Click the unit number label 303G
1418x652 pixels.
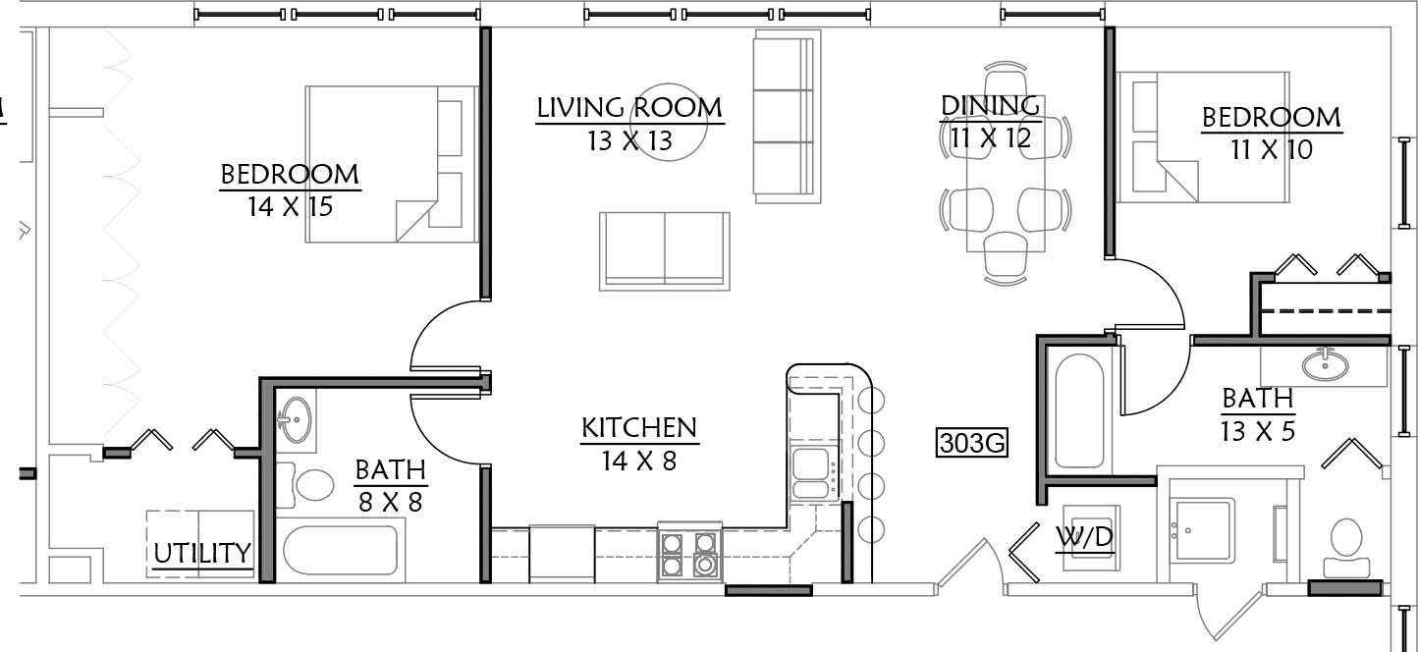972,443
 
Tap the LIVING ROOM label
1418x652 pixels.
629,108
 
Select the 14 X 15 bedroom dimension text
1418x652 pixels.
290,206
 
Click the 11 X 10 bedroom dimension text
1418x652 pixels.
1272,150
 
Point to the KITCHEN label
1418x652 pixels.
639,428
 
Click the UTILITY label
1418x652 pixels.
202,553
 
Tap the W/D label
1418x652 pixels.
1084,537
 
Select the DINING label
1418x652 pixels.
990,106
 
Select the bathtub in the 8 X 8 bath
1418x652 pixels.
341,550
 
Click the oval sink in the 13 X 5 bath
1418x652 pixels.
1325,364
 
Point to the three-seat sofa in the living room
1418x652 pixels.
787,117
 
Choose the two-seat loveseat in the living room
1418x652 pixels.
664,250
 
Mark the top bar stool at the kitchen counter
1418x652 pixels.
872,400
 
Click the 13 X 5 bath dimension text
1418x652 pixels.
1258,432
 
